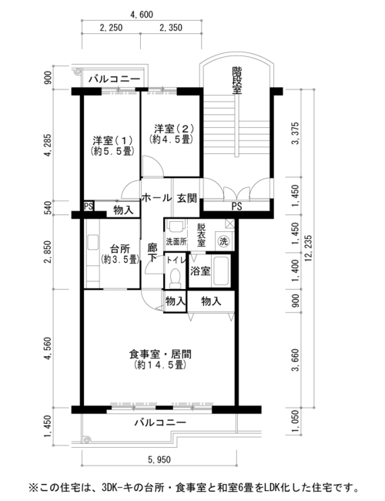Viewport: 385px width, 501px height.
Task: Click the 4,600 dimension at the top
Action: [142, 15]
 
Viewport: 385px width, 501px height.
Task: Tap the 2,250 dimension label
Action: [111, 28]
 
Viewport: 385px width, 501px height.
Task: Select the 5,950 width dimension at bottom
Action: [159, 460]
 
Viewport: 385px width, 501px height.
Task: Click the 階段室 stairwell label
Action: [236, 80]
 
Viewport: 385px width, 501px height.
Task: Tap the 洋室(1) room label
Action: [112, 140]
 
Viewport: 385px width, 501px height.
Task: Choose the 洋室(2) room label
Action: [174, 129]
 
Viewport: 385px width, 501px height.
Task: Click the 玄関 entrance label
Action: [187, 198]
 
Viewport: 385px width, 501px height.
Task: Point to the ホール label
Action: [156, 198]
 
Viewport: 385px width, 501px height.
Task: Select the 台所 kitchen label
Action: [119, 249]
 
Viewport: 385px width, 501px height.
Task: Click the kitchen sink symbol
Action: [93, 243]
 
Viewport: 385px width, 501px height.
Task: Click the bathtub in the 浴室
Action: [221, 271]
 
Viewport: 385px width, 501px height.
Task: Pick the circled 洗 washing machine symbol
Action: [223, 241]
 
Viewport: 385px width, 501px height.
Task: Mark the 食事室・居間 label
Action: [160, 354]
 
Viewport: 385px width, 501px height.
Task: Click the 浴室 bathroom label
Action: [200, 271]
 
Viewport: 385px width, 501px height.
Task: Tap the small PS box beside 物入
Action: [89, 206]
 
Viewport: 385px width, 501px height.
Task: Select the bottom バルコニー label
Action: [160, 422]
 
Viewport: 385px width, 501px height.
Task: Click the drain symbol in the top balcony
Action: [78, 72]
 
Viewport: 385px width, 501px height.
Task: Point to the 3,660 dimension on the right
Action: [295, 360]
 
